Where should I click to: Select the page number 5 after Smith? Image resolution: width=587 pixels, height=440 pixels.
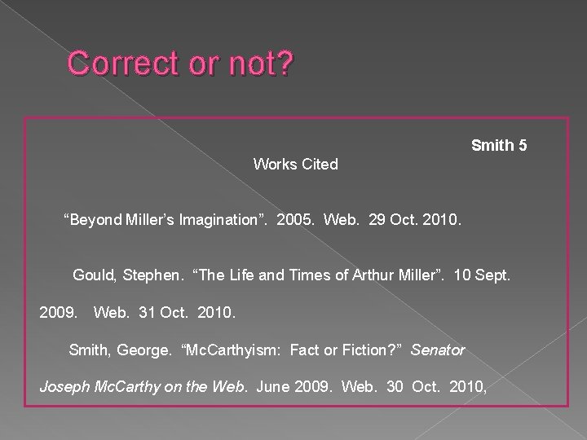523,146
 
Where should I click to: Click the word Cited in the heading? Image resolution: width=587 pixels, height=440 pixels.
319,165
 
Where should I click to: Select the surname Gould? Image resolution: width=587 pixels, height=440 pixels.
94,275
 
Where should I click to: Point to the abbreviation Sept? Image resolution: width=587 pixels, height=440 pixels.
493,275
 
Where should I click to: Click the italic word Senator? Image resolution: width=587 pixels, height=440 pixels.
438,350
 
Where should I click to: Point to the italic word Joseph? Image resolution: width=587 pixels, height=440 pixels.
64,386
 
